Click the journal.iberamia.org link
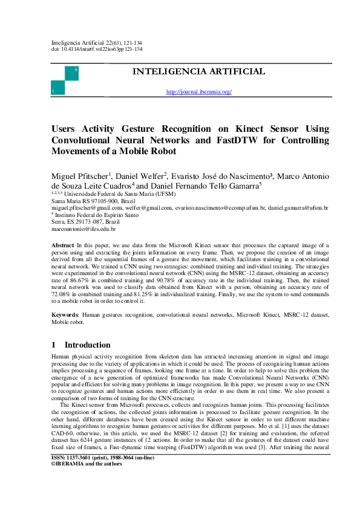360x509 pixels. (x=198, y=92)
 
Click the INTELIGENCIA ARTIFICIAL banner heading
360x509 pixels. (x=198, y=72)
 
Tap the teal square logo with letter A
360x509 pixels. (x=72, y=73)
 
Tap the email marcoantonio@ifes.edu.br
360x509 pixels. (x=83, y=230)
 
